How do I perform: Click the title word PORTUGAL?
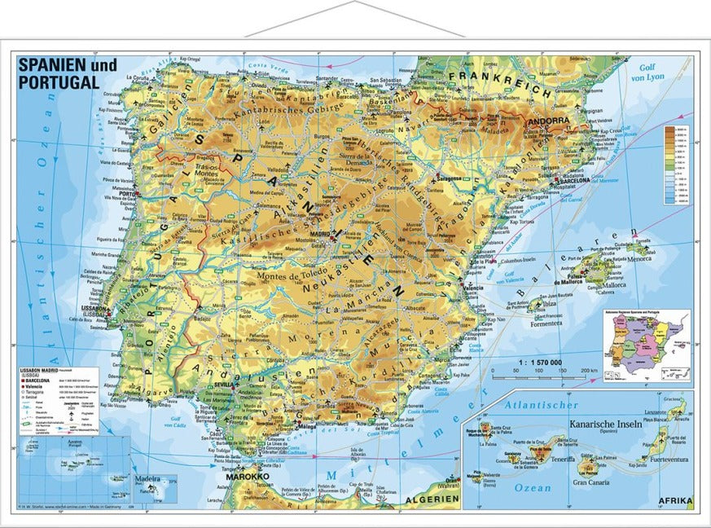point(59,82)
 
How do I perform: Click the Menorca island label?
point(637,259)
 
